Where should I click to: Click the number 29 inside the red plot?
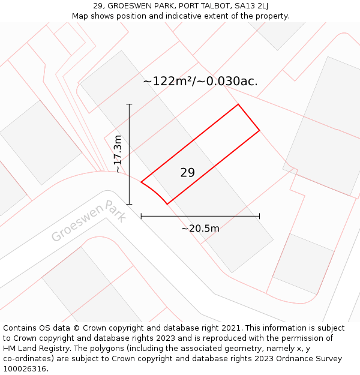187,173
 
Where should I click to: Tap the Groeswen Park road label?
88,220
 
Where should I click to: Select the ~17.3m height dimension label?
118,154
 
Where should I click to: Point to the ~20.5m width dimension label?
200,228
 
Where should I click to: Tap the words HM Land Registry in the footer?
34,349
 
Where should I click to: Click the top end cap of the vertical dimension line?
129,104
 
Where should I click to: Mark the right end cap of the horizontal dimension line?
259,216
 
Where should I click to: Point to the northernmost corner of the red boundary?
238,104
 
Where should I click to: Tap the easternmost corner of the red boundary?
259,130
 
